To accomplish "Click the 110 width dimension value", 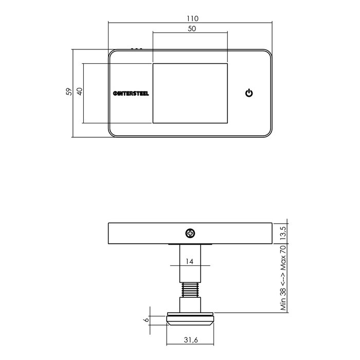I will (x=190, y=18).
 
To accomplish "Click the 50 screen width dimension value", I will (x=190, y=29).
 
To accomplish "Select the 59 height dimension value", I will (x=68, y=93).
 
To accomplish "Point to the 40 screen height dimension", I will (x=80, y=93).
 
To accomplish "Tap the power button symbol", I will (x=249, y=93).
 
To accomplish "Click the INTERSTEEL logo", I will (x=131, y=93).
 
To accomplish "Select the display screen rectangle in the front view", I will (x=190, y=93).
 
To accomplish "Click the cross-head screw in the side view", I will (x=190, y=233).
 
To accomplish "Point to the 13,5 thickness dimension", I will (x=281, y=233).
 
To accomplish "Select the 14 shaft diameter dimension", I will (x=190, y=261).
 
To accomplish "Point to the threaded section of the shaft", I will (x=190, y=290).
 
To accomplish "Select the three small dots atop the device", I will (x=136, y=49).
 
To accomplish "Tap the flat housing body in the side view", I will (x=144, y=233).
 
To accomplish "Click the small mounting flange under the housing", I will (x=190, y=243).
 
